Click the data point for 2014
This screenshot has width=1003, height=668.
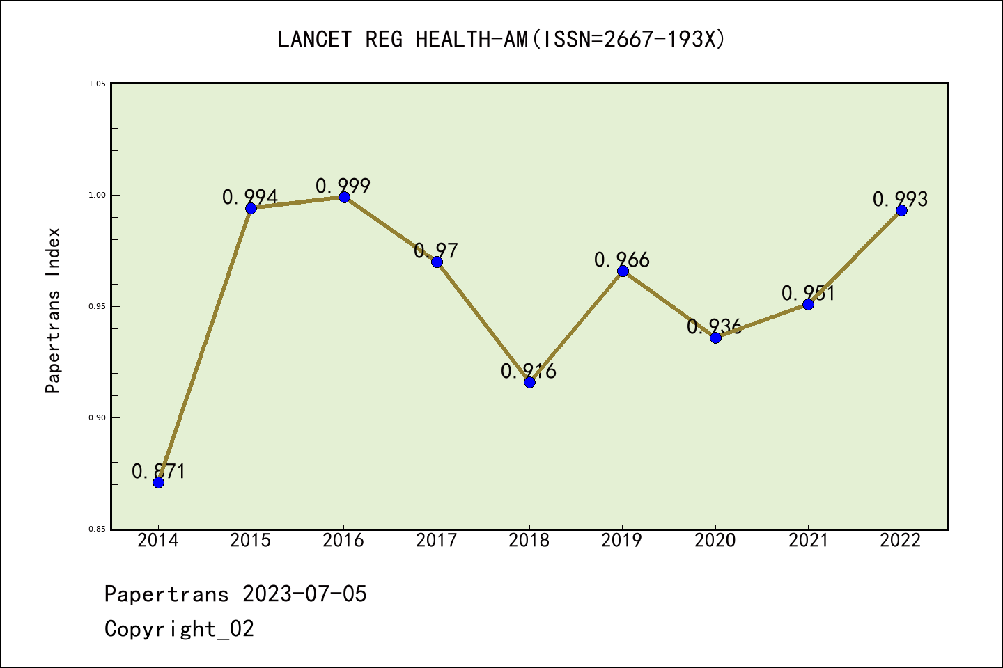(158, 482)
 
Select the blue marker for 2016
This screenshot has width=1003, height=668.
(344, 197)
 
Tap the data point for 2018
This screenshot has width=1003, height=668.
(529, 382)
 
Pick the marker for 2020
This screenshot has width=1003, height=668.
(715, 337)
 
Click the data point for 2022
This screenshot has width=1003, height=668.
(901, 210)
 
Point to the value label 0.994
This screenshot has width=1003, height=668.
(250, 198)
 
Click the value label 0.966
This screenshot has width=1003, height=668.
(622, 260)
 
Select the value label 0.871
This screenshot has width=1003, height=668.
(159, 472)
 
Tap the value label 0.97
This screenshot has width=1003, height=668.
(436, 250)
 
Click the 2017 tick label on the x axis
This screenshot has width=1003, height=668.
(437, 541)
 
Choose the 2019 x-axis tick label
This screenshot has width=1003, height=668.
(622, 541)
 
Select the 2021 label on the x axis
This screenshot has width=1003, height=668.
(808, 541)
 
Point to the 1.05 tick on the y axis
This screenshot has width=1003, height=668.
(97, 84)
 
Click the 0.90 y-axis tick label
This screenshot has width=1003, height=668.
(97, 418)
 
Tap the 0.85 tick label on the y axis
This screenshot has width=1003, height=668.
(97, 530)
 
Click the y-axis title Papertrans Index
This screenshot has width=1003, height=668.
(53, 310)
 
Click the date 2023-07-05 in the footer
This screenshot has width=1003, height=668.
(304, 594)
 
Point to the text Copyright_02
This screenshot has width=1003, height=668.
(180, 629)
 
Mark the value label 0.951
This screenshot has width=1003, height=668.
(808, 294)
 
